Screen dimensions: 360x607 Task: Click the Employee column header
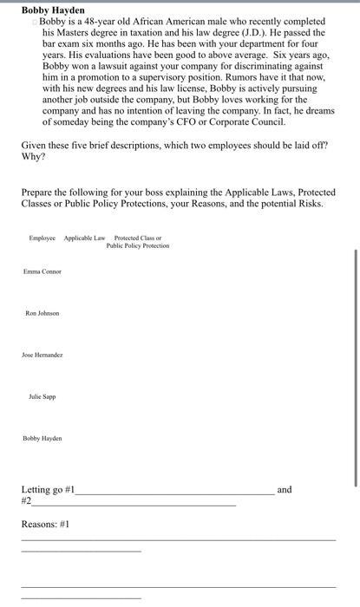[42, 238]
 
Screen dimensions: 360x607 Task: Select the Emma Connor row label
[42, 271]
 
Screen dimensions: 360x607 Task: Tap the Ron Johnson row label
[43, 312]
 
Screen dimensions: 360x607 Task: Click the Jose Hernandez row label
[43, 354]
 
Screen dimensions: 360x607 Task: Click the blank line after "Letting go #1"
[173, 492]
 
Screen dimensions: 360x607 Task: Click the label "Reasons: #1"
[45, 524]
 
